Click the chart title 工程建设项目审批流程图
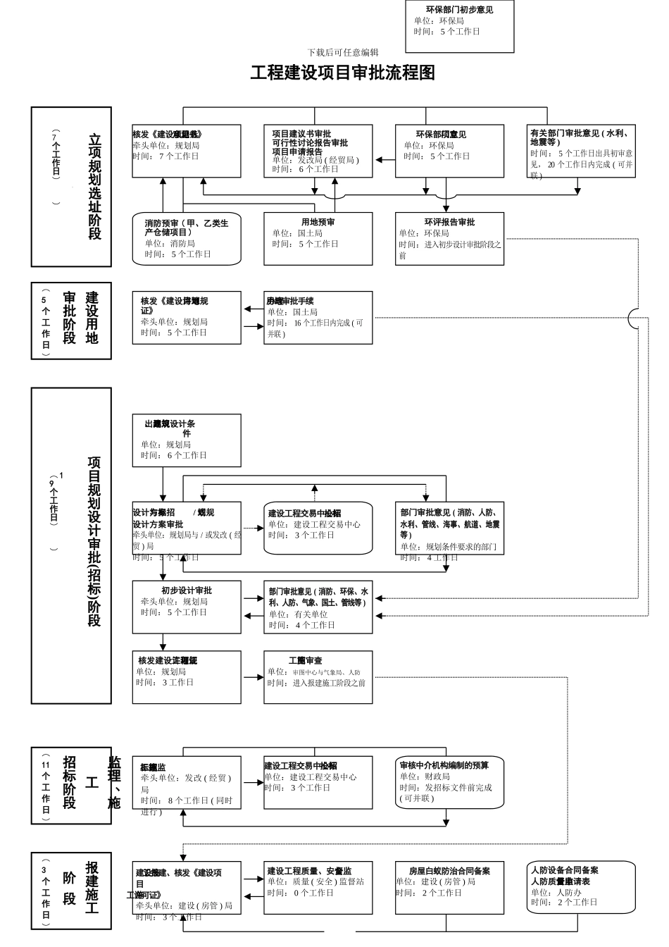pyautogui.click(x=343, y=73)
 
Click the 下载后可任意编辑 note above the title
pyautogui.click(x=343, y=52)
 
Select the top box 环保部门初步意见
pyautogui.click(x=460, y=25)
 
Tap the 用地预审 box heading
pyautogui.click(x=318, y=222)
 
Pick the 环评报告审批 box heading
pyautogui.click(x=449, y=222)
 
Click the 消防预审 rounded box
pyautogui.click(x=187, y=238)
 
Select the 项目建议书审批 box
pyautogui.click(x=318, y=151)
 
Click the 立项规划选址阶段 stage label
pyautogui.click(x=94, y=187)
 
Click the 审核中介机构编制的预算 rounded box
pyautogui.click(x=449, y=782)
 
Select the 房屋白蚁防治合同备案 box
pyautogui.click(x=449, y=887)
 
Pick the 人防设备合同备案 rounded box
pyautogui.click(x=582, y=886)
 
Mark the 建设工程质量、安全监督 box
pyautogui.click(x=318, y=887)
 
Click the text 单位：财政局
pyautogui.click(x=425, y=776)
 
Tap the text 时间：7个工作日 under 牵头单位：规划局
pyautogui.click(x=166, y=156)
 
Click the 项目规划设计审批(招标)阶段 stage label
pyautogui.click(x=94, y=541)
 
